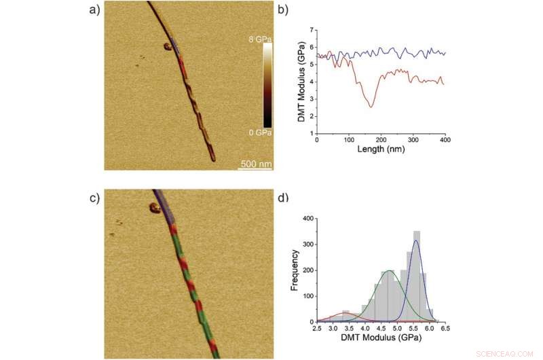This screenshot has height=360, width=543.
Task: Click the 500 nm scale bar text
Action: pyautogui.click(x=255, y=164)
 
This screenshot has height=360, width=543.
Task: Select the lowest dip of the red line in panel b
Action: pyautogui.click(x=370, y=107)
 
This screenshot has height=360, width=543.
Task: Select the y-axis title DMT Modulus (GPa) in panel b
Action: pyautogui.click(x=300, y=82)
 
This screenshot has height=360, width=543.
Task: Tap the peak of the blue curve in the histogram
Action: pyautogui.click(x=416, y=240)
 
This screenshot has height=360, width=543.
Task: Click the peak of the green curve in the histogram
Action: pyautogui.click(x=389, y=271)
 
